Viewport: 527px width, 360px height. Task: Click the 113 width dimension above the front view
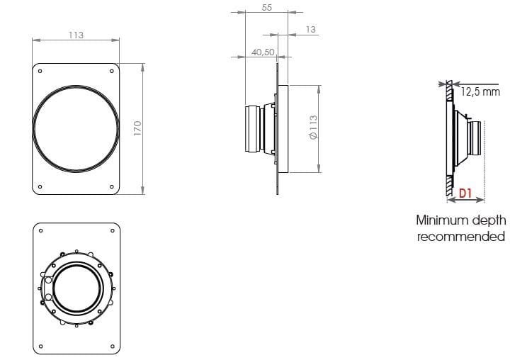[x=75, y=35]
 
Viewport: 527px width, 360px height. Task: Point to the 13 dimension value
[x=311, y=29]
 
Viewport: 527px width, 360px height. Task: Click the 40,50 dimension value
[x=263, y=52]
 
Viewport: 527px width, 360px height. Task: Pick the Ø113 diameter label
[x=312, y=128]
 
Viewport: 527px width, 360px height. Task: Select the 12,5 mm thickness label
[x=480, y=91]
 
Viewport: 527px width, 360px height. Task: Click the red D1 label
[x=465, y=193]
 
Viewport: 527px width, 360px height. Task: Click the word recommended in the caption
[x=461, y=236]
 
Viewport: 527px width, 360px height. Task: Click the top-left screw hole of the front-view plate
[x=40, y=71]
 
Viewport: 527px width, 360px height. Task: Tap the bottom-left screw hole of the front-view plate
[x=40, y=186]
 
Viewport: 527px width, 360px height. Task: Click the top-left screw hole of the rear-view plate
[x=41, y=230]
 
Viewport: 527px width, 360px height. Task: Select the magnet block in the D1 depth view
[x=475, y=138]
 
